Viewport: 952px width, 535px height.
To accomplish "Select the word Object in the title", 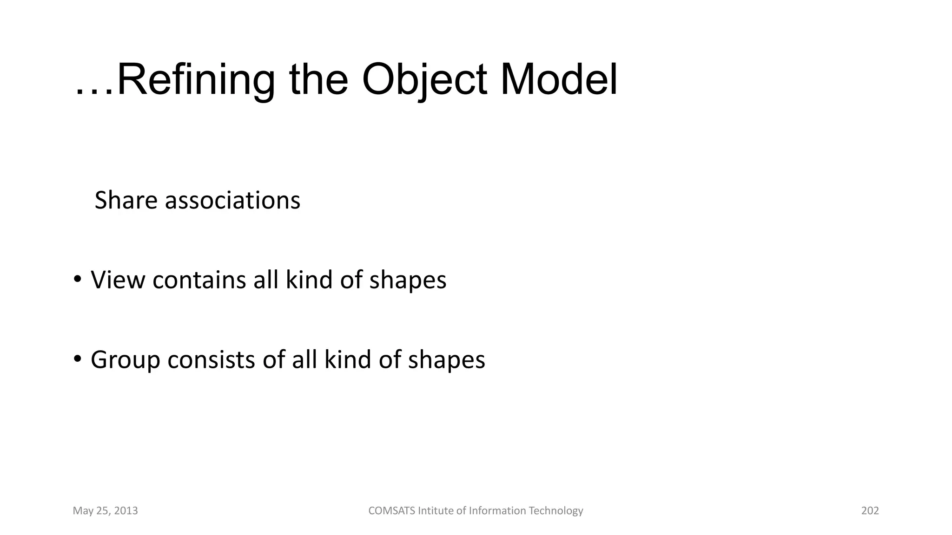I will pyautogui.click(x=424, y=80).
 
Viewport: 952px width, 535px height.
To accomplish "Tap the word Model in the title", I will pyautogui.click(x=559, y=80).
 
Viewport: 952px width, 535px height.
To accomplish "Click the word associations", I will pyautogui.click(x=232, y=200).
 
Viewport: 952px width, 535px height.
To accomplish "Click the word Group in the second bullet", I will pyautogui.click(x=125, y=359).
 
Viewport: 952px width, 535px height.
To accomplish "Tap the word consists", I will pyautogui.click(x=211, y=359).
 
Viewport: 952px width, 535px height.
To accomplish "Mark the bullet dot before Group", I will pyautogui.click(x=77, y=359).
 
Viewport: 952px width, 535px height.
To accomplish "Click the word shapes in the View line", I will pyautogui.click(x=408, y=281).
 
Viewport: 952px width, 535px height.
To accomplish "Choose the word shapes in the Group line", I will pyautogui.click(x=446, y=360).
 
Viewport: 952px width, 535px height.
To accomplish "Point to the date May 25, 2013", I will pyautogui.click(x=106, y=511).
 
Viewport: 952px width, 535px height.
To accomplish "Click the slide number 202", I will pyautogui.click(x=870, y=511).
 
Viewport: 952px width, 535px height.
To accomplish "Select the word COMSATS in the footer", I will pyautogui.click(x=392, y=511).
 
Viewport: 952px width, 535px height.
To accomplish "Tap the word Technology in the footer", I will pyautogui.click(x=556, y=511).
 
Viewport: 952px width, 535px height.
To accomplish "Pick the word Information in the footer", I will pyautogui.click(x=497, y=511).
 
